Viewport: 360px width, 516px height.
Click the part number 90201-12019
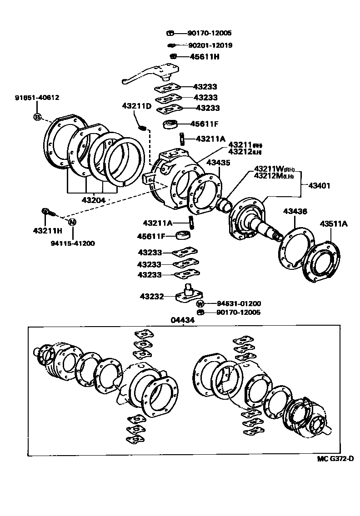210,45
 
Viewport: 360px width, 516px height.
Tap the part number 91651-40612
37,98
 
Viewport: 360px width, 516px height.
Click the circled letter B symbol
37,117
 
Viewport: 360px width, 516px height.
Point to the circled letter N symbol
72,222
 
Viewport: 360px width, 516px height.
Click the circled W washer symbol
200,303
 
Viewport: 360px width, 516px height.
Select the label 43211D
136,106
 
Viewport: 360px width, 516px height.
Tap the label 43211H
46,231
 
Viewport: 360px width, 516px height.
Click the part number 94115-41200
73,243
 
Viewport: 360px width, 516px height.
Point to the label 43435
218,162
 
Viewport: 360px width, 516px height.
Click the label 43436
295,212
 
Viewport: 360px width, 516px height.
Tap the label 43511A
333,223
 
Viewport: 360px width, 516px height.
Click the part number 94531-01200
232,303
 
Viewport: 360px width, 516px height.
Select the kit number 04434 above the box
183,320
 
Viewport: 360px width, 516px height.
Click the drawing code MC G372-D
335,458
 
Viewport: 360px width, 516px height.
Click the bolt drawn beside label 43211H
48,212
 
